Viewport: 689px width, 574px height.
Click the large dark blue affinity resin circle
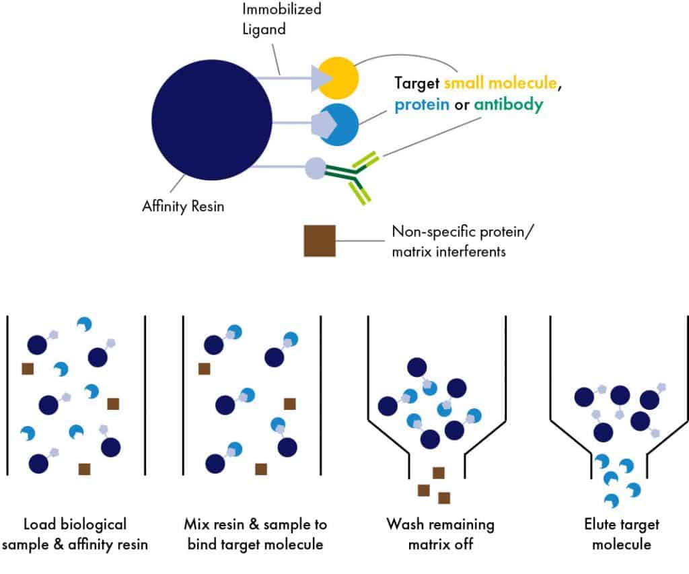click(212, 120)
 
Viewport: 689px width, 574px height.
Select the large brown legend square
click(320, 241)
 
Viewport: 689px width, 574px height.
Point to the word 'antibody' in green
click(509, 104)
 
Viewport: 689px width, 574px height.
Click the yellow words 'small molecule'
click(501, 83)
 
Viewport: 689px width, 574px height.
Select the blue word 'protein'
click(422, 105)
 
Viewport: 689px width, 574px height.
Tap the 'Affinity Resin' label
click(183, 207)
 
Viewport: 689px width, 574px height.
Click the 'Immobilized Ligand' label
click(282, 19)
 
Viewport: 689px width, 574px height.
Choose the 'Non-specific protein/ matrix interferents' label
click(462, 242)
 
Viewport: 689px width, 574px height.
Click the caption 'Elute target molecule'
click(622, 534)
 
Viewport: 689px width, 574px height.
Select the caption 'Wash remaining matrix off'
click(440, 534)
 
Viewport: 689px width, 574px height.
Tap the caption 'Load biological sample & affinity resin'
click(75, 534)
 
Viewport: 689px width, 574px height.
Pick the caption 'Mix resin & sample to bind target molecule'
click(255, 534)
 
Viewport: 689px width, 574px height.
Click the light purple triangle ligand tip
click(320, 78)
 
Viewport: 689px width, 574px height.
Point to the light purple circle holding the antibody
click(316, 168)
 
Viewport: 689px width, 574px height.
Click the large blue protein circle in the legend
click(339, 124)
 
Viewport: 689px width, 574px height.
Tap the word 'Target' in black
click(416, 83)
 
